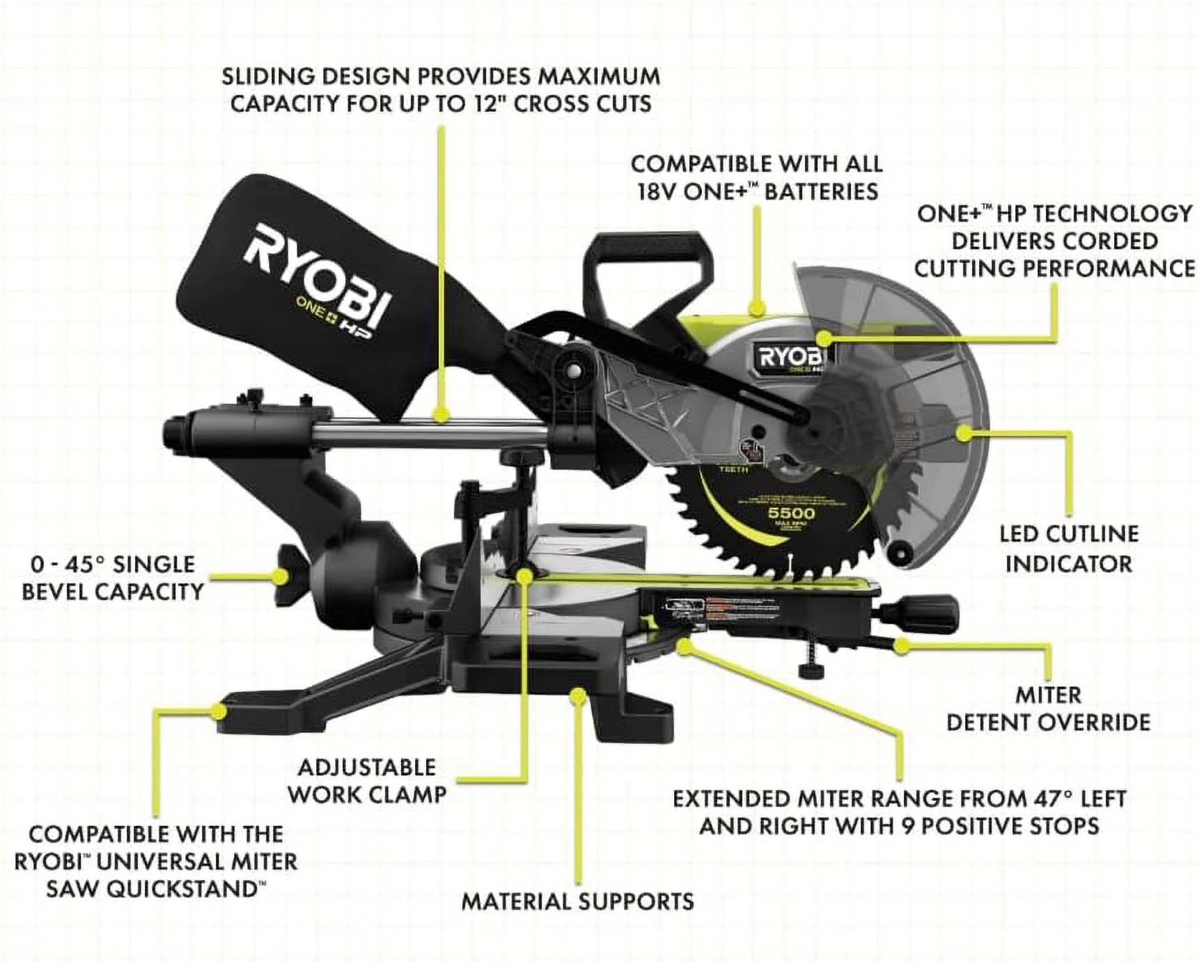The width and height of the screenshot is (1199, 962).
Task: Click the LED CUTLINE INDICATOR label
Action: point(1068,549)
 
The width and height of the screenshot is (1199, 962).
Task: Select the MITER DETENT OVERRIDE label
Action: point(1048,709)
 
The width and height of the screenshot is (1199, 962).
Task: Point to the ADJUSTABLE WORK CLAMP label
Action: point(367,780)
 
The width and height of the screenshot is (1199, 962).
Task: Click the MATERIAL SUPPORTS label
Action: point(578,901)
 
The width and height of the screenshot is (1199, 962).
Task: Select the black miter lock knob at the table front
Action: point(930,605)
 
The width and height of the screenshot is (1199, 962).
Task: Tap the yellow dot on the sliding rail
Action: point(441,416)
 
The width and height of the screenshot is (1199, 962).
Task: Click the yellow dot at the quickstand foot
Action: point(220,711)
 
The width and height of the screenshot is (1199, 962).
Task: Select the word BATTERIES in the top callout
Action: point(821,191)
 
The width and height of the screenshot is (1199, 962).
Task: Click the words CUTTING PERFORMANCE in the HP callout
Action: point(1054,268)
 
